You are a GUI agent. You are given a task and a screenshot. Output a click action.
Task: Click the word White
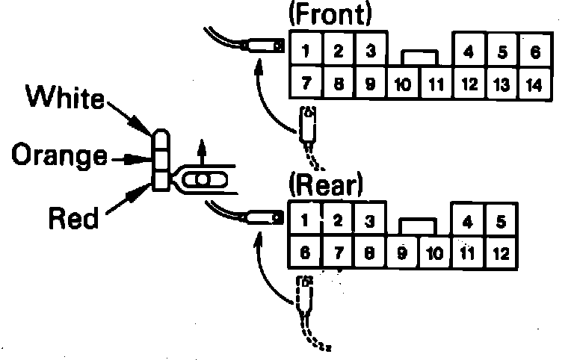[x=67, y=96]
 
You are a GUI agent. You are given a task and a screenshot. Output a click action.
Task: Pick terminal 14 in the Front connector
[x=534, y=84]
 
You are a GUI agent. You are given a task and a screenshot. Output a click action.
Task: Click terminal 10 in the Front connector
[x=403, y=84]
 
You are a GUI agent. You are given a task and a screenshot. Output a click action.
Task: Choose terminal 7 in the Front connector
[x=306, y=83]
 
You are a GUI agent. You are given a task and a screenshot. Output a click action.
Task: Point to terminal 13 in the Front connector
[x=502, y=84]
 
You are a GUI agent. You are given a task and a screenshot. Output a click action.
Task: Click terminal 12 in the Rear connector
[x=502, y=252]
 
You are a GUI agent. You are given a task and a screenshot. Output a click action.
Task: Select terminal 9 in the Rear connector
[x=402, y=252]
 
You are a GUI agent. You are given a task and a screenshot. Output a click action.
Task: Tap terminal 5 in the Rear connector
[x=502, y=221]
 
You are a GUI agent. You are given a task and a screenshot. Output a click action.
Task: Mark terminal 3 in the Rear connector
[x=369, y=220]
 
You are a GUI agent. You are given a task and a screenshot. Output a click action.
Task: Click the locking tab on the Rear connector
[x=419, y=226]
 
